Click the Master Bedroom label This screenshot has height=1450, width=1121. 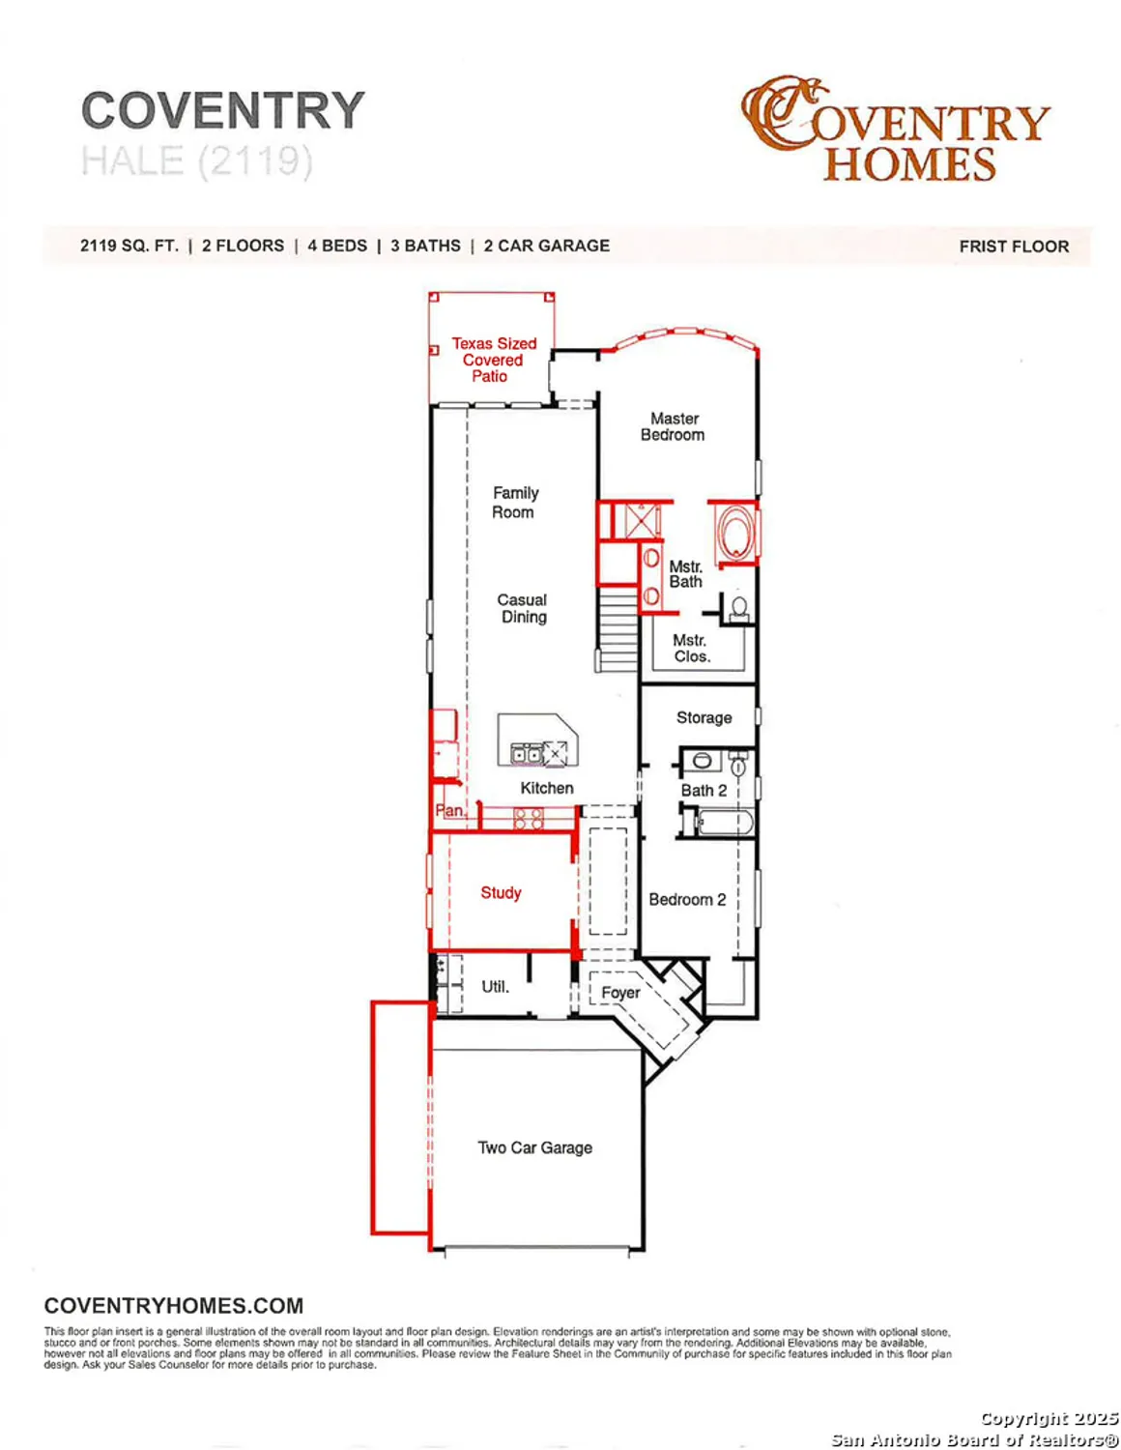(673, 426)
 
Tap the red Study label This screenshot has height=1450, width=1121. (501, 892)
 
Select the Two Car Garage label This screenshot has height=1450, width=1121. (534, 1147)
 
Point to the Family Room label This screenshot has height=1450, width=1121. (514, 503)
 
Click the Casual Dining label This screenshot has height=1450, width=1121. (522, 608)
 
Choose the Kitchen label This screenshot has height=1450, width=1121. (546, 788)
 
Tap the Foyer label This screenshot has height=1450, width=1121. (619, 993)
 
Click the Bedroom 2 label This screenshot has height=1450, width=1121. (687, 899)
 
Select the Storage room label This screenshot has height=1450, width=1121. (704, 717)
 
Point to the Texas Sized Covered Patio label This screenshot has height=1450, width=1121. (493, 360)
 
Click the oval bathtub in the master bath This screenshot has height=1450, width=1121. (735, 533)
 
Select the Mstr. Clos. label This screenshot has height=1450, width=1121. (691, 648)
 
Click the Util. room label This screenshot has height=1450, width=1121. (495, 986)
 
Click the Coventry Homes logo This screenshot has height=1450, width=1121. (895, 130)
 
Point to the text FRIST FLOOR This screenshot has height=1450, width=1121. (1014, 246)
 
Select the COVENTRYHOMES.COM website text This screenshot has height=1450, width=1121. (174, 1306)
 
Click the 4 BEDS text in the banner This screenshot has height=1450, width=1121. (337, 246)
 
